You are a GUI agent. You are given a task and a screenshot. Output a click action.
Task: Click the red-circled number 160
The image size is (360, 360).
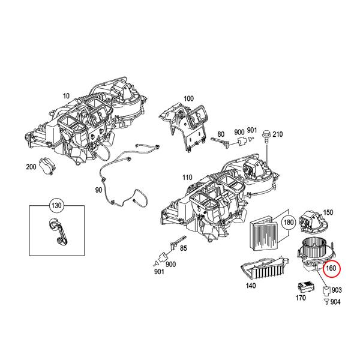[x=331, y=269]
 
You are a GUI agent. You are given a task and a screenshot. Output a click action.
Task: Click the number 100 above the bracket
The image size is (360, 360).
[x=188, y=98]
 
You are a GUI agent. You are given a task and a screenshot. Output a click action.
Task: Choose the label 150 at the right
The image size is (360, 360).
[x=328, y=212]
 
